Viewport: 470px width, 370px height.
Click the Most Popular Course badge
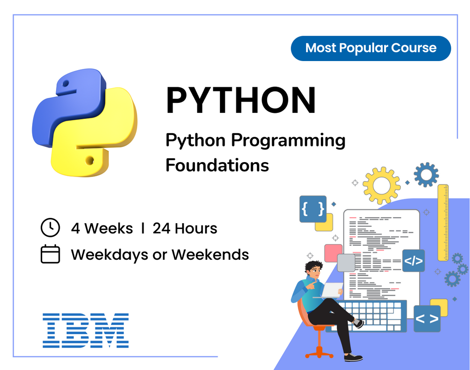click(371, 48)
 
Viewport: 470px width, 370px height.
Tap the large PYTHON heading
click(241, 101)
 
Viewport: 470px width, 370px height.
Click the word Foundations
click(217, 165)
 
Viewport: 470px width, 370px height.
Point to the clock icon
click(50, 228)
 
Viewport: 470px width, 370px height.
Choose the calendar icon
click(50, 254)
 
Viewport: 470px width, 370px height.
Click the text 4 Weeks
click(102, 228)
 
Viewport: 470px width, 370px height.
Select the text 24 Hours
click(185, 228)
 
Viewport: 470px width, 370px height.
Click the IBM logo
click(86, 330)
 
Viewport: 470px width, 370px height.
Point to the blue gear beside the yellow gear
click(426, 174)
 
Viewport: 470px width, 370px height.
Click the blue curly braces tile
click(313, 209)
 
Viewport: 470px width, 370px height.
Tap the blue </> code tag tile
click(413, 261)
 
